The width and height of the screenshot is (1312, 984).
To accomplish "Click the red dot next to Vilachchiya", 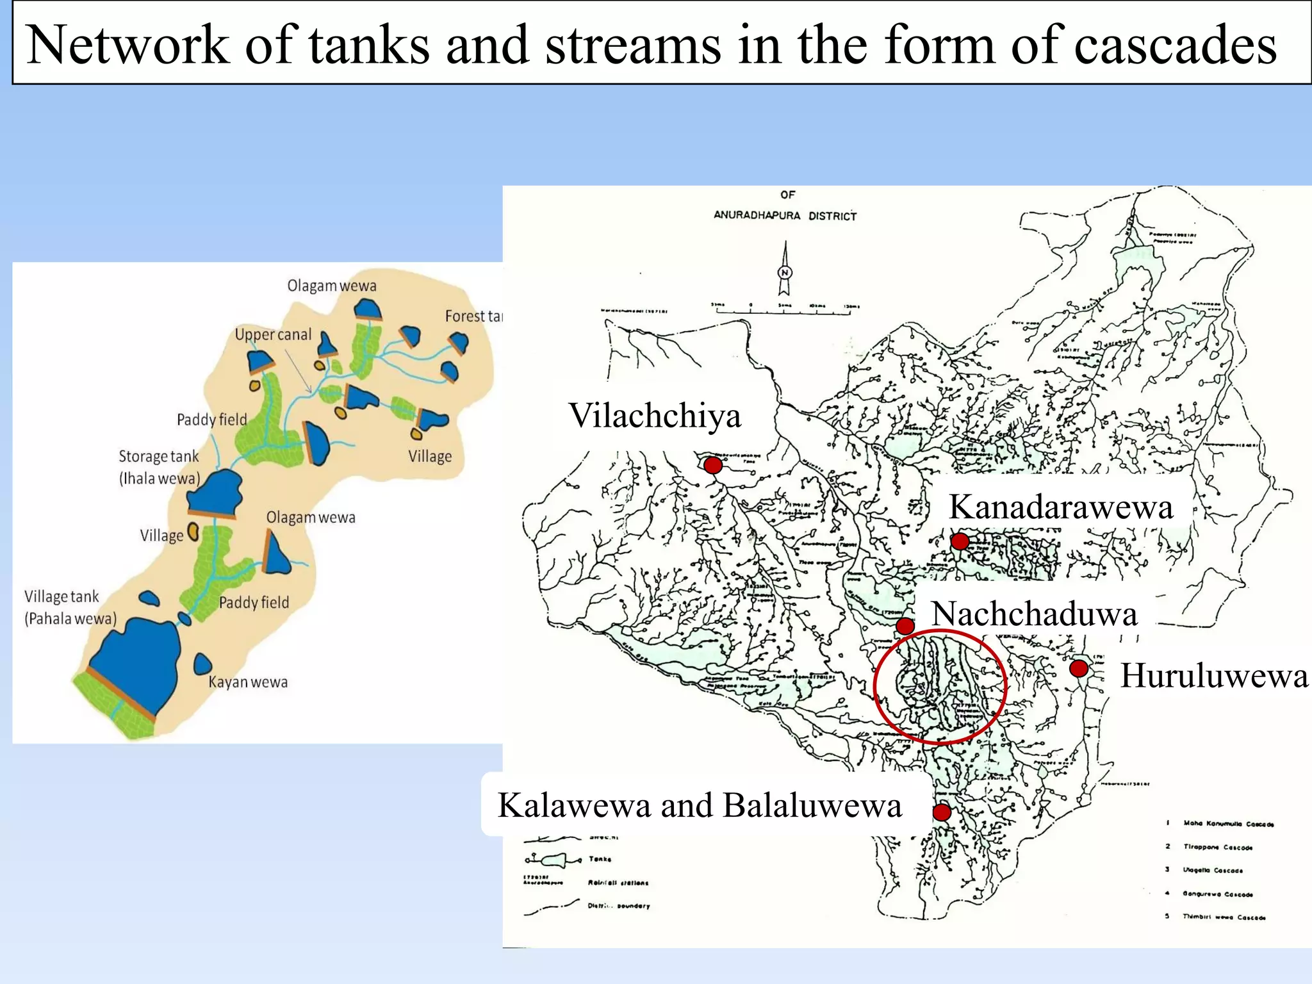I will pyautogui.click(x=713, y=464).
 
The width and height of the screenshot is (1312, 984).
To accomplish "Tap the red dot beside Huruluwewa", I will pyautogui.click(x=1079, y=668).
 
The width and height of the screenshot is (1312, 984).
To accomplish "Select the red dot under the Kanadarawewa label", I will pyautogui.click(x=959, y=541).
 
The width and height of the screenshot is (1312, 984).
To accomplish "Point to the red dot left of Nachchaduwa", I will pyautogui.click(x=905, y=625).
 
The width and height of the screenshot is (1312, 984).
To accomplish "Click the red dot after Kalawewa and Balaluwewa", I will pyautogui.click(x=941, y=812).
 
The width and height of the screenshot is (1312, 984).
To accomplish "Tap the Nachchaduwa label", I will pyautogui.click(x=1034, y=613).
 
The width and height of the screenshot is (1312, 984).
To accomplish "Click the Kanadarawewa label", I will pyautogui.click(x=1060, y=507).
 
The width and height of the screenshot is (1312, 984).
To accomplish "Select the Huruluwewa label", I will pyautogui.click(x=1213, y=675).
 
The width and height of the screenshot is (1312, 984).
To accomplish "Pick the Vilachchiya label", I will pyautogui.click(x=655, y=415).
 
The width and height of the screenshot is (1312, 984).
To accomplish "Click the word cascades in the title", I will pyautogui.click(x=1175, y=45).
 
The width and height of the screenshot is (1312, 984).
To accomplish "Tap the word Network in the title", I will pyautogui.click(x=128, y=45).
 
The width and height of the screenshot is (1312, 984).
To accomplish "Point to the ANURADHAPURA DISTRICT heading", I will pyautogui.click(x=785, y=216).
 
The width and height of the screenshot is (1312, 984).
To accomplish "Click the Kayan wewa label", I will pyautogui.click(x=248, y=682).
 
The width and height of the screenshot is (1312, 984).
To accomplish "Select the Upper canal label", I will pyautogui.click(x=273, y=334).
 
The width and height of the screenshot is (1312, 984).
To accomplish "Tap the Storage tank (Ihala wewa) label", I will pyautogui.click(x=159, y=467).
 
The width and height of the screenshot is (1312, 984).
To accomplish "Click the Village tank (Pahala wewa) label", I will pyautogui.click(x=70, y=607).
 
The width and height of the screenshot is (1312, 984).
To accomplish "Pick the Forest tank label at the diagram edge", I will pyautogui.click(x=473, y=316).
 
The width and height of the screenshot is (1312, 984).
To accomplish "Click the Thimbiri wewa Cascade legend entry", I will pyautogui.click(x=1224, y=917).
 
